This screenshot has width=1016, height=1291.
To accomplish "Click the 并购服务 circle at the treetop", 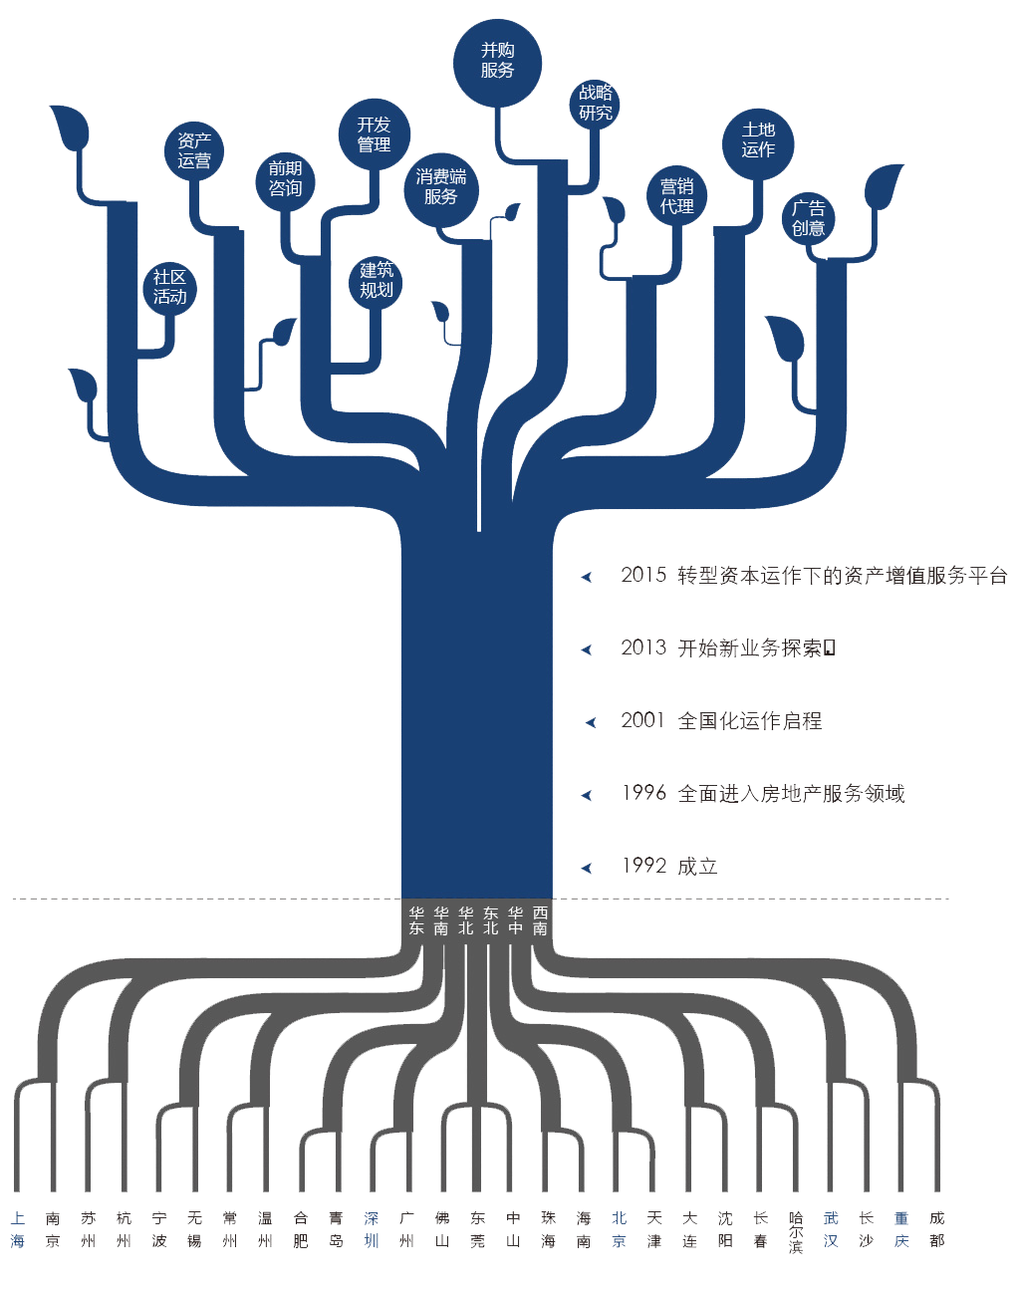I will pos(497,62).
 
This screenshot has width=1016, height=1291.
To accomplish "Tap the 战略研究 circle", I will pos(596,103).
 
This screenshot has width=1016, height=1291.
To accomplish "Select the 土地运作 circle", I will pos(758,140).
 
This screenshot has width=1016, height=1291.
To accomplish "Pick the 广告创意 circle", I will pos(808,218).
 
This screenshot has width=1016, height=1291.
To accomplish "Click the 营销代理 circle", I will pos(676,196).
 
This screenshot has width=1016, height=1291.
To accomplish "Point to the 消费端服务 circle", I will pos(440,187).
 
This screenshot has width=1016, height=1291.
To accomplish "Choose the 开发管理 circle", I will pos(374,135).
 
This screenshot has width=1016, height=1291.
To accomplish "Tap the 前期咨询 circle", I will pos(285,179).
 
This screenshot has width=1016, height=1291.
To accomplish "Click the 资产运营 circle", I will pos(194,151).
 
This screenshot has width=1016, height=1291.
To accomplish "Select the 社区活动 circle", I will pos(169,288).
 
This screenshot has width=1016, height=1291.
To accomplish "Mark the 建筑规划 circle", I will pos(377,281).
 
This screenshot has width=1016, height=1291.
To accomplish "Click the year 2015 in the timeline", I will pos(643,575).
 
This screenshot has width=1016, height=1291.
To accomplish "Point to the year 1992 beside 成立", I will pos(643,866).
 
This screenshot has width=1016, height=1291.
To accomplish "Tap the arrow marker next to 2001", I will pos(590,722).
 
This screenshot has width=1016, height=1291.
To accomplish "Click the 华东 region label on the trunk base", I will pos(416,920).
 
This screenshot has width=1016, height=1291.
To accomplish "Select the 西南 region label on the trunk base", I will pos(540,920).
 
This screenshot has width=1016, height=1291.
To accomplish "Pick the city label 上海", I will pos(18,1229).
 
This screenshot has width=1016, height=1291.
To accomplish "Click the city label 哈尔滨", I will pos(796,1232).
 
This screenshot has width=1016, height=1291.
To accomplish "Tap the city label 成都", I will pos(936,1229).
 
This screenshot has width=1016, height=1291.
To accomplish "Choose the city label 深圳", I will pos(372,1229).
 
